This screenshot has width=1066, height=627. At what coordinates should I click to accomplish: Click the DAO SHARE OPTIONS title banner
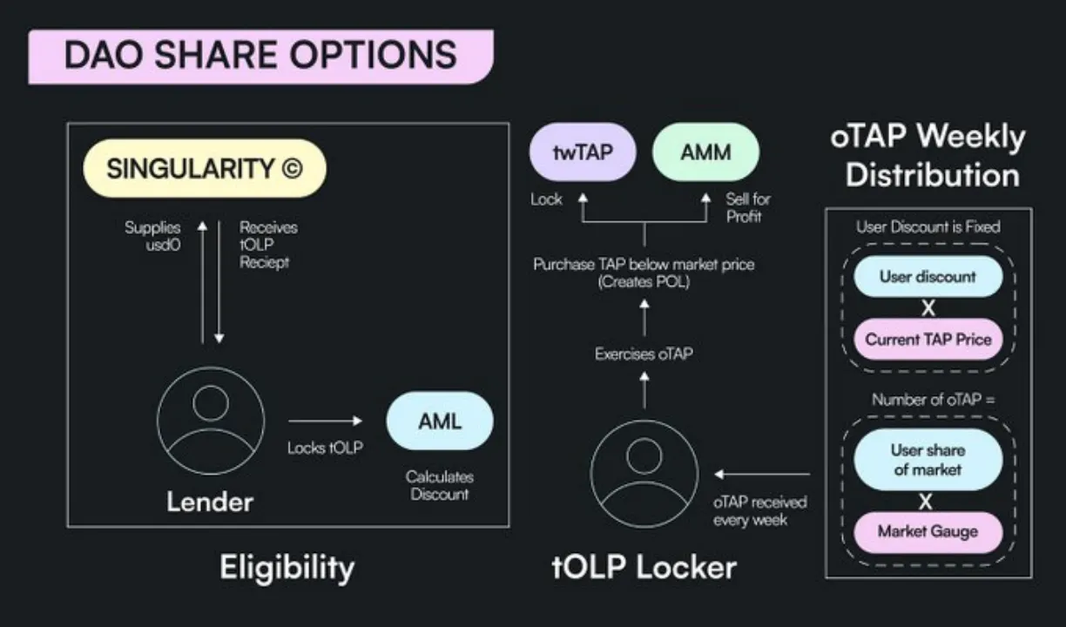coord(260,56)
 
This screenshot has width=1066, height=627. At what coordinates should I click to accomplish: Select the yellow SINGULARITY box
coord(204,168)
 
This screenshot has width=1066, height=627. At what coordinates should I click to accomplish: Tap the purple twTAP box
coord(583,152)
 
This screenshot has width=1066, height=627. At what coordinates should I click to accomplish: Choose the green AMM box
coord(705,152)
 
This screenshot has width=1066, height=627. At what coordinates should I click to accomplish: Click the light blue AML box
coord(439,422)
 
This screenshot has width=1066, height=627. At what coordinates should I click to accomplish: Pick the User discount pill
coord(928,277)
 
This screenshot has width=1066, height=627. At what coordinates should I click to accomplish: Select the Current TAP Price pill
coord(928,339)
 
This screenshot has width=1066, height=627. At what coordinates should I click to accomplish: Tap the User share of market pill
coord(927,460)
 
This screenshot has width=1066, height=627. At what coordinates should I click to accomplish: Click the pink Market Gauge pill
coord(928,531)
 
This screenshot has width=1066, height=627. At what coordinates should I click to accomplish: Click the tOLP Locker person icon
coord(644,471)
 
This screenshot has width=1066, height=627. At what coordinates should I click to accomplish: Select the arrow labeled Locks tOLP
coord(324,421)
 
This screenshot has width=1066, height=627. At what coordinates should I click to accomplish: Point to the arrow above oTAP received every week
coord(761,475)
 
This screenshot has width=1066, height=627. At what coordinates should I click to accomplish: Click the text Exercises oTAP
coord(644,354)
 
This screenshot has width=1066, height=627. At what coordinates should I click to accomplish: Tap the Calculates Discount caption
coord(439,486)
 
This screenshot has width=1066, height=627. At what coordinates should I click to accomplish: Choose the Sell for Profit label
coord(747,207)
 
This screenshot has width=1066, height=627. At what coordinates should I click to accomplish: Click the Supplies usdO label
coord(152,235)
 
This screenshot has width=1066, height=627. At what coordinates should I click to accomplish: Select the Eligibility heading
coord(287,568)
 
